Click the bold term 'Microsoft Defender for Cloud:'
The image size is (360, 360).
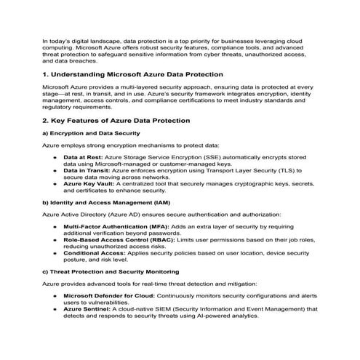(x=108, y=296)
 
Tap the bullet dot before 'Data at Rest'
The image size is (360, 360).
(x=55, y=157)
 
